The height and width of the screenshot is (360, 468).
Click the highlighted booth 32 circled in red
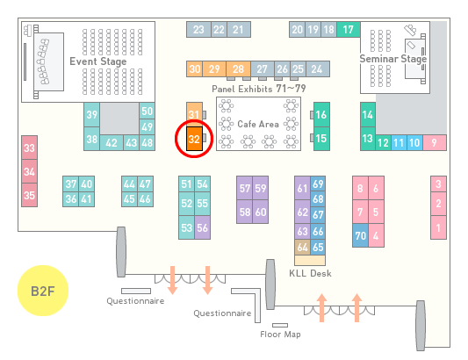tap(194, 139)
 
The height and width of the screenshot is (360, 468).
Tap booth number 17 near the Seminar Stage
tap(349, 29)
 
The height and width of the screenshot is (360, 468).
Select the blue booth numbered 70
tap(360, 235)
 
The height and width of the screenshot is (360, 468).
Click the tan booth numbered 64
tap(302, 247)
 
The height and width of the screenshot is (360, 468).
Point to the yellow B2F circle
tap(43, 291)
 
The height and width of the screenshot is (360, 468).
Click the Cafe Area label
tap(258, 124)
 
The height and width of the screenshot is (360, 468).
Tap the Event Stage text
tap(97, 61)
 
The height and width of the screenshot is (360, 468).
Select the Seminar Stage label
tap(392, 59)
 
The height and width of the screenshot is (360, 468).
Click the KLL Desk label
tap(310, 273)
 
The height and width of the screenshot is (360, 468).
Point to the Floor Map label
tap(280, 334)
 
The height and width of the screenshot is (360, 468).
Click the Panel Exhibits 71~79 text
tap(258, 89)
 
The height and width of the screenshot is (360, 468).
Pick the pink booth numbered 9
tap(435, 142)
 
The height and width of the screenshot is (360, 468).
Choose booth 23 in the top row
tap(198, 29)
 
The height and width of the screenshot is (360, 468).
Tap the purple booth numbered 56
tap(202, 227)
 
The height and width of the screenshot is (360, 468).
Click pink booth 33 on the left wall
tap(29, 148)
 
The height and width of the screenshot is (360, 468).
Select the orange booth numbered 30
tap(194, 69)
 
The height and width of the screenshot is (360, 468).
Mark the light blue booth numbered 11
tap(399, 143)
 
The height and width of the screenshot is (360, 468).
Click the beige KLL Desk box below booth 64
tap(310, 260)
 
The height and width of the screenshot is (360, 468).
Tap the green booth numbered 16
tap(321, 114)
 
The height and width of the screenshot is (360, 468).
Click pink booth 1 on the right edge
tap(438, 227)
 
